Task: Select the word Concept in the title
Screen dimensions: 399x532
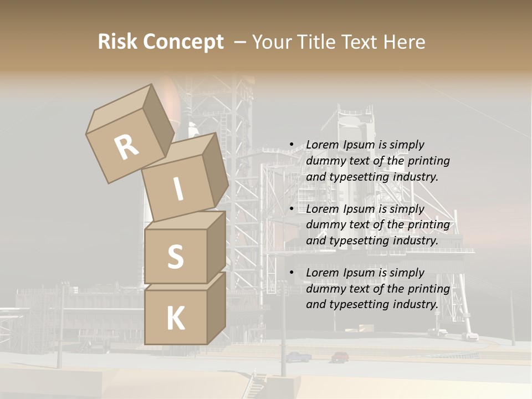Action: tap(183, 42)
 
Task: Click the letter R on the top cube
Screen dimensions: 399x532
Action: tap(126, 147)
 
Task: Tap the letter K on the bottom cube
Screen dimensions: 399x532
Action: tap(175, 318)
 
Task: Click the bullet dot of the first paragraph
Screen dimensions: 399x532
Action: tap(291, 145)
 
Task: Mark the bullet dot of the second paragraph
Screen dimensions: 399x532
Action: tap(291, 209)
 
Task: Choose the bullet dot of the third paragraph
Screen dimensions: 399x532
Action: tap(291, 273)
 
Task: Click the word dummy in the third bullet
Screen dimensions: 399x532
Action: tap(324, 288)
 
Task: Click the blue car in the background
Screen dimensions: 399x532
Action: tap(298, 357)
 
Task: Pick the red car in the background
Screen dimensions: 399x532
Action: tap(340, 357)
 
